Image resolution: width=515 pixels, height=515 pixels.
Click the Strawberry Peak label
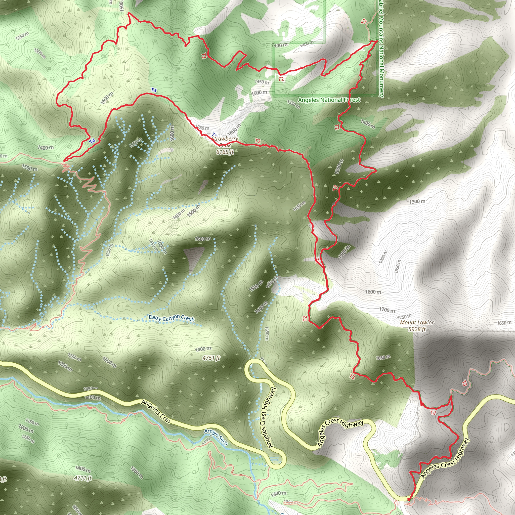tap(225, 142)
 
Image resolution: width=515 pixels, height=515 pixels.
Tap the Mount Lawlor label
tap(417, 323)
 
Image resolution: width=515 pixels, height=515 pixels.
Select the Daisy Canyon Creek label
tap(171, 318)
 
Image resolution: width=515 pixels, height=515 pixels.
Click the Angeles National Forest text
tap(329, 100)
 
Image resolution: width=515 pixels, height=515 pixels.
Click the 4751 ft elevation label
tap(211, 358)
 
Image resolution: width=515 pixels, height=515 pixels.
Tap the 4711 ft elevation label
tap(83, 478)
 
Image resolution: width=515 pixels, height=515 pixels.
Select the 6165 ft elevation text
tap(225, 152)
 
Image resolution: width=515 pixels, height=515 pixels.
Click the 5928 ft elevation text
tap(417, 329)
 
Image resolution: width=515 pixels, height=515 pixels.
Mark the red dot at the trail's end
tap(409, 499)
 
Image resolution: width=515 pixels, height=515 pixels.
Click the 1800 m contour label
tap(234, 130)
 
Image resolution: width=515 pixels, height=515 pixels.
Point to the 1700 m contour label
tap(387, 310)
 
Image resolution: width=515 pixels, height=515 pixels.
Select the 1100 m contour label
tap(93, 398)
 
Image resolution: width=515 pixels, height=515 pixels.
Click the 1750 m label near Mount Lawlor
tap(404, 317)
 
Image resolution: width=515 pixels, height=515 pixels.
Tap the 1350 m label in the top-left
tap(40, 53)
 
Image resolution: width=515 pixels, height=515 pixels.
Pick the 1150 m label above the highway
tap(91, 389)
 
